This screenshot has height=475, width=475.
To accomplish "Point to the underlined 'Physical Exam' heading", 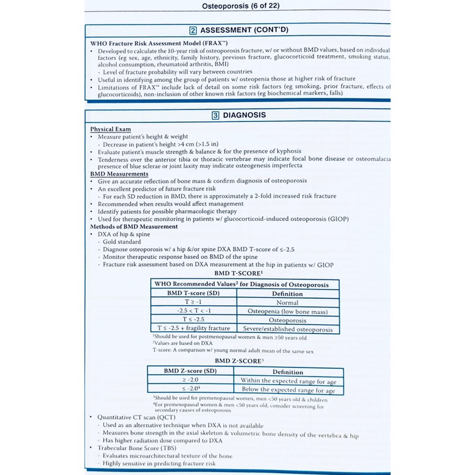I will [x=111, y=129].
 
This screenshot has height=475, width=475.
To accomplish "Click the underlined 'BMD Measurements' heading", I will [x=119, y=174].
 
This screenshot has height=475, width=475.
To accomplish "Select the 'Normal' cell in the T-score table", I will [x=288, y=302].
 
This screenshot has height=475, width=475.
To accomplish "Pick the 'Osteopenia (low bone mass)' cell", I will [x=287, y=311].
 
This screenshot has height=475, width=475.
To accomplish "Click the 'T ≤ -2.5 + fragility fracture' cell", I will [x=194, y=329].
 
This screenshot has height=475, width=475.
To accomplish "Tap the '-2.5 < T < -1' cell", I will [x=194, y=311].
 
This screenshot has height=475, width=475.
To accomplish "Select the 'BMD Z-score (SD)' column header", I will [x=191, y=372].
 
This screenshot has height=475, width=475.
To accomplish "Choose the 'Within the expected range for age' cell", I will [x=288, y=381].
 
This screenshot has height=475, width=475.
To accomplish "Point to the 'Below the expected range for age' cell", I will [x=288, y=390].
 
